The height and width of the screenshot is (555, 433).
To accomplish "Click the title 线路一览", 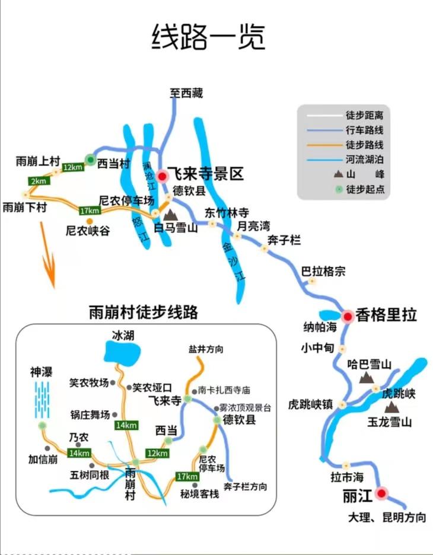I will pos(208,37).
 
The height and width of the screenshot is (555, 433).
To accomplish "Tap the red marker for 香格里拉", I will pos(347,315).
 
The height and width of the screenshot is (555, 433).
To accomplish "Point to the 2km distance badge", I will pos(39,181).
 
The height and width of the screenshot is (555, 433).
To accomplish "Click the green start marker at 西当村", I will pos(90,159).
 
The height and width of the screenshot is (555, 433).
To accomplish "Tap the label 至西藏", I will pos(186,93).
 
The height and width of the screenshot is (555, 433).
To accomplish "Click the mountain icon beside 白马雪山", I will pos(171,214).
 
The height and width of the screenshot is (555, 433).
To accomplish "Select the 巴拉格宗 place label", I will pos(323,272).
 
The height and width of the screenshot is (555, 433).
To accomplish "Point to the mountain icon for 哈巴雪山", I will pos(367,377).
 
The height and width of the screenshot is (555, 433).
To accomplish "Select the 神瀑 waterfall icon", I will pos(42,400).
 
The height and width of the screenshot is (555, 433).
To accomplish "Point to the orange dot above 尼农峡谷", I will pos(88,221).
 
